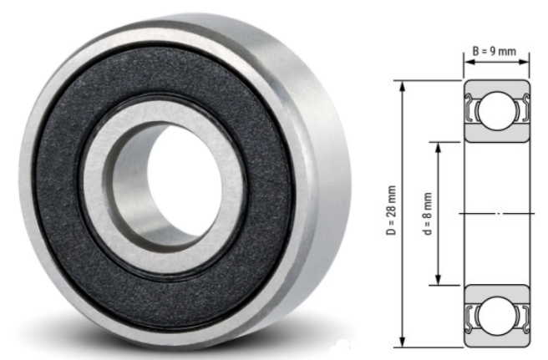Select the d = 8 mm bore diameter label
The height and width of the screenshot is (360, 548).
[426, 212]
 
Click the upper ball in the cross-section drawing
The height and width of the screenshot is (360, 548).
[497, 109]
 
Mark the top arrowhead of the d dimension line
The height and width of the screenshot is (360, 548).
[438, 145]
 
